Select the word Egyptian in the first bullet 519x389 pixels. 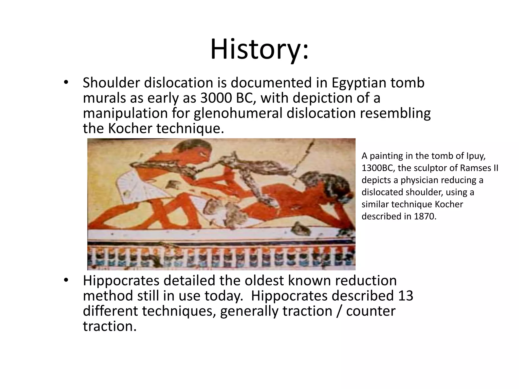[358, 83]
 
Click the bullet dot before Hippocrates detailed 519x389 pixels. [66, 280]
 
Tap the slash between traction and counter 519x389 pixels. [339, 311]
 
